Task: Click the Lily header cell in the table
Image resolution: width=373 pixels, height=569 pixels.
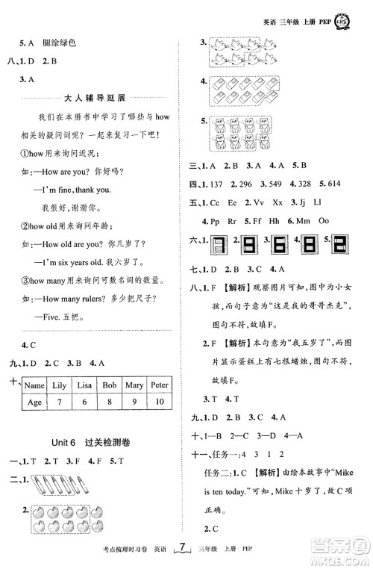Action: [58, 385]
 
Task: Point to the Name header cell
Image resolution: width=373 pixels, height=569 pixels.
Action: [34, 385]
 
